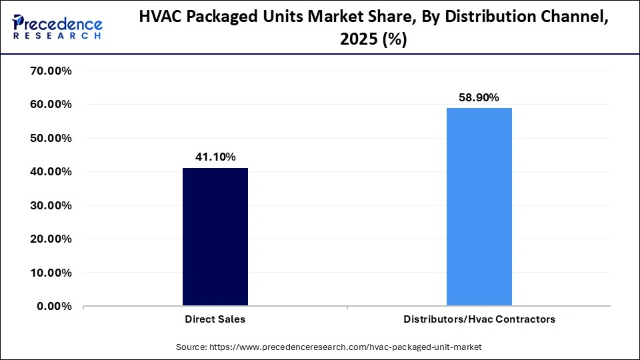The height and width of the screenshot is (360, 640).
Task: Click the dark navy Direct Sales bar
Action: [x=215, y=237]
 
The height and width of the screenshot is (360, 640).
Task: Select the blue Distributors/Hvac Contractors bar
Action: [x=479, y=207]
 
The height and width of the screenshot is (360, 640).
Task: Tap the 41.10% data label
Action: [x=215, y=157]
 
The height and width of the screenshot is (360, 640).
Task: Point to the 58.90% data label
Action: [x=479, y=97]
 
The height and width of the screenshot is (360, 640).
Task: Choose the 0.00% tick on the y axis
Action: [x=54, y=306]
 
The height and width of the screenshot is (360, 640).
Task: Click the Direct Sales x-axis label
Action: [x=215, y=319]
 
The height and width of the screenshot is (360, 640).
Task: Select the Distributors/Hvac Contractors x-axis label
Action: [x=479, y=319]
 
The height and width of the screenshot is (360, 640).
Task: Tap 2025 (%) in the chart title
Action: [x=373, y=40]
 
